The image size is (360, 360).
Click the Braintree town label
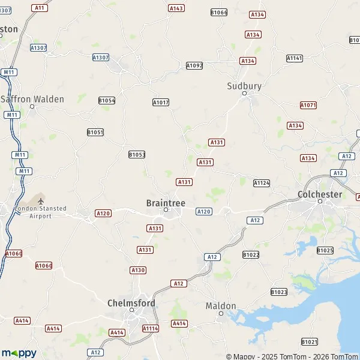[x=166, y=203]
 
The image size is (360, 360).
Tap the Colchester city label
[x=320, y=194]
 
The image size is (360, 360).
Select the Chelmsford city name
[x=131, y=303]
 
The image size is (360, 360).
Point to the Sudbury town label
[x=244, y=86]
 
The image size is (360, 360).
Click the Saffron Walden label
[x=32, y=99]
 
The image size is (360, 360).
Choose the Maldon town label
[x=221, y=305]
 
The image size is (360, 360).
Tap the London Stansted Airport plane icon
[x=41, y=200]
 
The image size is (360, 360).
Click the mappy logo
[x=19, y=353]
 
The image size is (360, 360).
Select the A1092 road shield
[x=194, y=65]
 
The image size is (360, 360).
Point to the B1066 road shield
[x=219, y=12]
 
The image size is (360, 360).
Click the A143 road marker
[x=176, y=8]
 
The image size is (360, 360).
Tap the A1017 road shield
[x=161, y=103]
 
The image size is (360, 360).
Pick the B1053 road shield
[x=137, y=154]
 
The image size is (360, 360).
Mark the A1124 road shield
[x=262, y=182]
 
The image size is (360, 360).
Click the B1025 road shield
[x=325, y=250]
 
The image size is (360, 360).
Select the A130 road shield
[x=138, y=270]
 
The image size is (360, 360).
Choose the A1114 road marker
[x=150, y=328]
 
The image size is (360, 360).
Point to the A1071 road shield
[x=308, y=105]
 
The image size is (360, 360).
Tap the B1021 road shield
[x=310, y=341]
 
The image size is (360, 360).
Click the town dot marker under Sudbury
[x=244, y=94]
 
